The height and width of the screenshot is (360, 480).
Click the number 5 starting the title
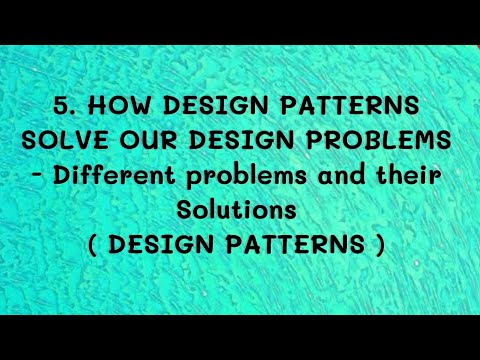tap(61, 106)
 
